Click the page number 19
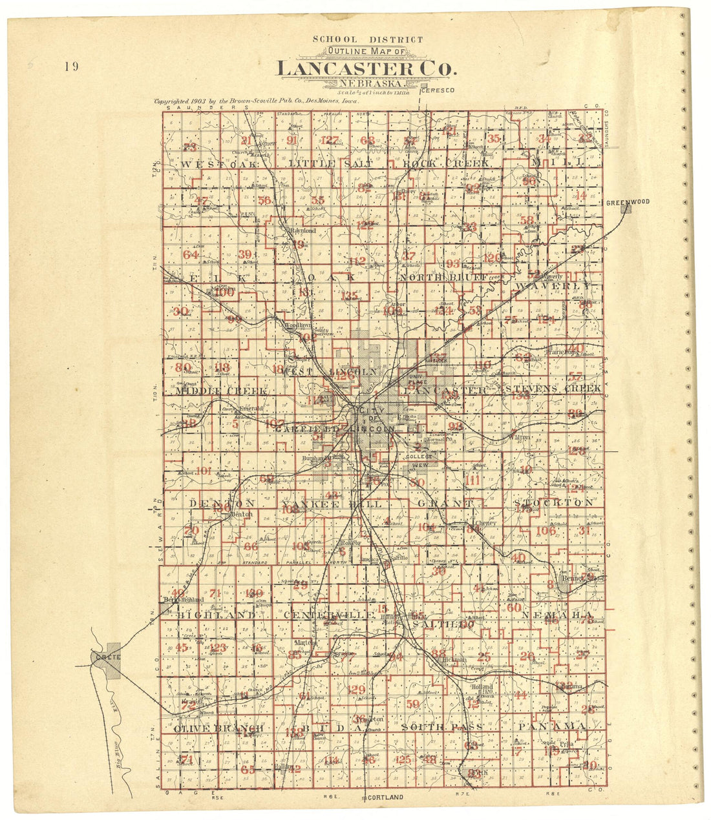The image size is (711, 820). pos(71,66)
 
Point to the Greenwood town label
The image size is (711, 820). pos(627,202)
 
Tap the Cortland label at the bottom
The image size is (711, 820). pos(385,797)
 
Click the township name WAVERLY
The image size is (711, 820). pos(553,285)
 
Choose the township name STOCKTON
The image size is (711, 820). pos(553,502)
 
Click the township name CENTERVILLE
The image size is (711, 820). pos(329,615)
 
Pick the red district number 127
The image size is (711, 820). pos(329,141)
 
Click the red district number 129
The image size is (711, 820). pos(356,690)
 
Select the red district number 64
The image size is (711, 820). pos(190,254)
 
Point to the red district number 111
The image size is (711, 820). pos(473,479)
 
